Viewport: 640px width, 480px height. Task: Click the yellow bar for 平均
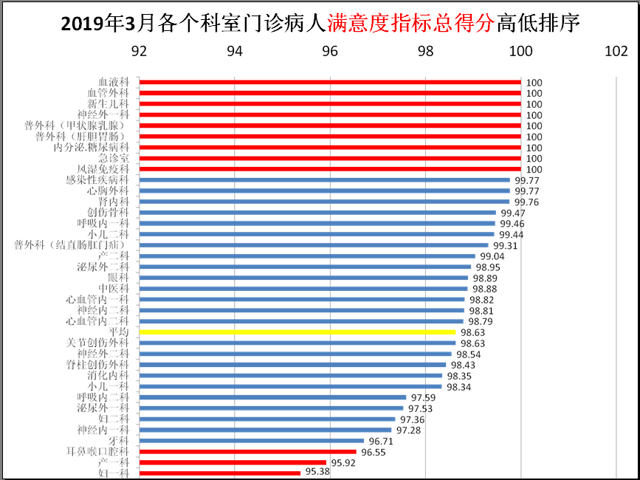pos(297,332)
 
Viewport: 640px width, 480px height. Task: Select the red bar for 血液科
pos(330,82)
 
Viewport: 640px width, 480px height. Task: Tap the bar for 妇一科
pos(220,473)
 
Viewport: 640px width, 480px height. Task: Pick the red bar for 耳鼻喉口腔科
pos(248,451)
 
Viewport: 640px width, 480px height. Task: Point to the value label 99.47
pos(513,213)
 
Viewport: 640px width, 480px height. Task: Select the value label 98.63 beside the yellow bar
pos(472,332)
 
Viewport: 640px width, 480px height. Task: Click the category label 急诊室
pos(114,158)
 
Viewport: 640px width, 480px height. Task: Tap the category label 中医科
pos(114,289)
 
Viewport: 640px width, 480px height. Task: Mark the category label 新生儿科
pos(109,104)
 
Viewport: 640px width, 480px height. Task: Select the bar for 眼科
pos(303,278)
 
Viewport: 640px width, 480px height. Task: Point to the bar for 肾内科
pos(324,202)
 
